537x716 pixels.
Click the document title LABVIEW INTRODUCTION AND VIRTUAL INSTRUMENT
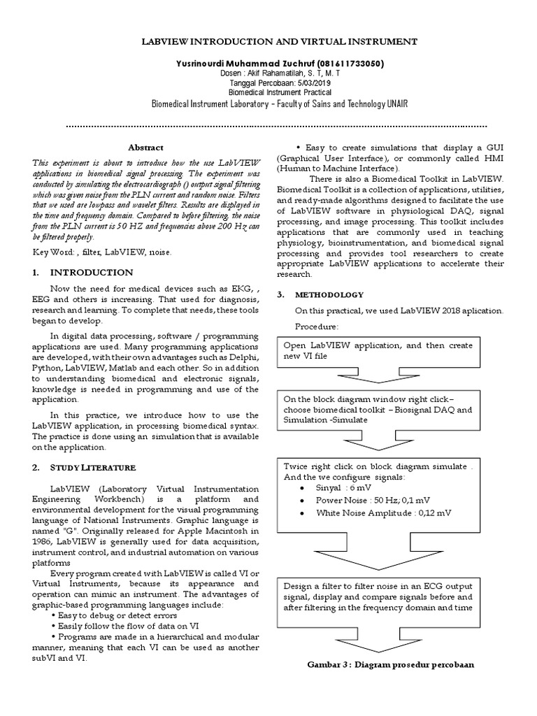(268, 42)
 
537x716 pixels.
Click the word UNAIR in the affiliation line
(393, 103)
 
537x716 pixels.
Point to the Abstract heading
(145, 148)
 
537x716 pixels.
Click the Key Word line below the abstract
(101, 250)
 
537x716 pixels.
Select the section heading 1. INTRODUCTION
(83, 272)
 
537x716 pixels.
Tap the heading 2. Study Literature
(84, 467)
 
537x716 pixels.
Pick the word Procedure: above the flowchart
(316, 327)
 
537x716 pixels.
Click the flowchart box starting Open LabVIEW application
(378, 350)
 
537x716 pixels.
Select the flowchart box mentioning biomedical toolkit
(378, 410)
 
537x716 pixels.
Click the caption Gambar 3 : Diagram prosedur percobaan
(390, 664)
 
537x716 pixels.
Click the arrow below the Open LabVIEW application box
(377, 378)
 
